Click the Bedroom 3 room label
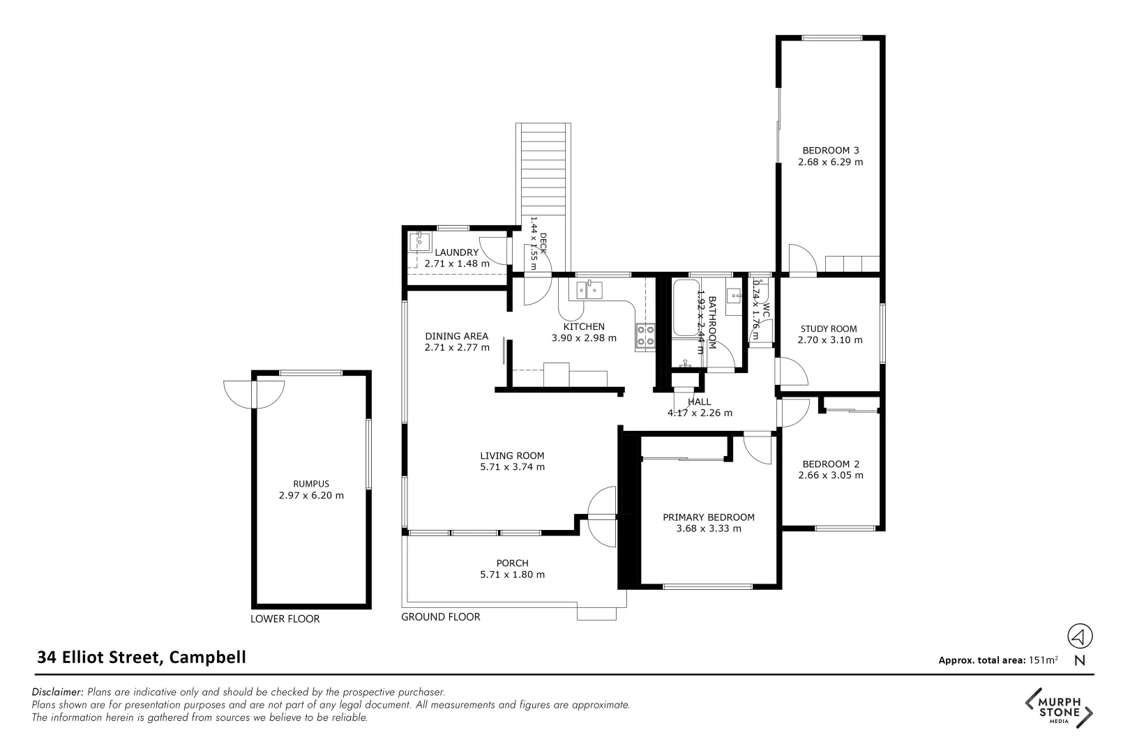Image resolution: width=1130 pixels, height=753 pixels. [830, 150]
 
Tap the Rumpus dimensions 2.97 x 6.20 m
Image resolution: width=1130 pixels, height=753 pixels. [311, 496]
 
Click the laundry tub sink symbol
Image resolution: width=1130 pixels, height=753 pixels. [421, 241]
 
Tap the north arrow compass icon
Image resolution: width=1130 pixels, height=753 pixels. [1080, 636]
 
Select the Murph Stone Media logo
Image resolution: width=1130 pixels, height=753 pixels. [1059, 708]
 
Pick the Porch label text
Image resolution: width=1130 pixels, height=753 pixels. [512, 563]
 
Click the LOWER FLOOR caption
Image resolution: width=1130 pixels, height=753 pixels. [285, 619]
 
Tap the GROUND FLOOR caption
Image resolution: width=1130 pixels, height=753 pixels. [441, 617]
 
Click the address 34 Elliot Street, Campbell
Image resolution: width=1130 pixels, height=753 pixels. [142, 657]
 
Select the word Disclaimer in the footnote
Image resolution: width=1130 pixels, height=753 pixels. [58, 692]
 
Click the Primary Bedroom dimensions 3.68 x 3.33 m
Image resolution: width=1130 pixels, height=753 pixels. [708, 528]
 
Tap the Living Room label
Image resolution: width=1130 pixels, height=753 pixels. [512, 456]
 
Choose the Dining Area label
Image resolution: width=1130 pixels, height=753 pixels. [456, 336]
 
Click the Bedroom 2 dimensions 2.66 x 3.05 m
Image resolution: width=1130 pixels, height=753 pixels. [830, 476]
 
